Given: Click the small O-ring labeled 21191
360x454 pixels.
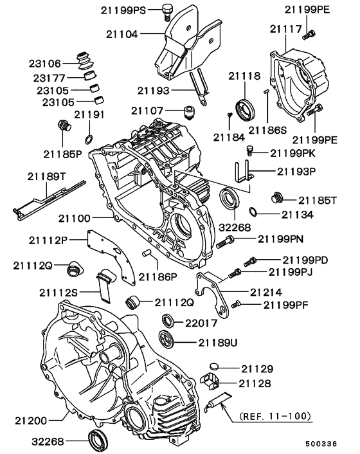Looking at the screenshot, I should (x=88, y=138).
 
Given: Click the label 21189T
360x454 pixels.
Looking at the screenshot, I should (x=48, y=176).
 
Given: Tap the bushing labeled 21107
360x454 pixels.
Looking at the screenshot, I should (x=191, y=113).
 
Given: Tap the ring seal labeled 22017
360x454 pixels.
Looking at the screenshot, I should (x=168, y=320).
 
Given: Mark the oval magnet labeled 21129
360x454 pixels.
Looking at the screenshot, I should (x=215, y=367).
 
